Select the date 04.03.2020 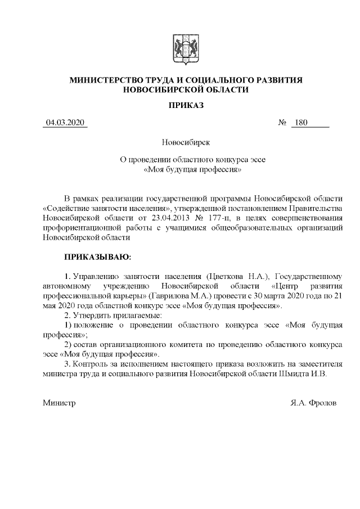pos(65,123)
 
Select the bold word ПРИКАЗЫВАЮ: pos(97,257)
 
